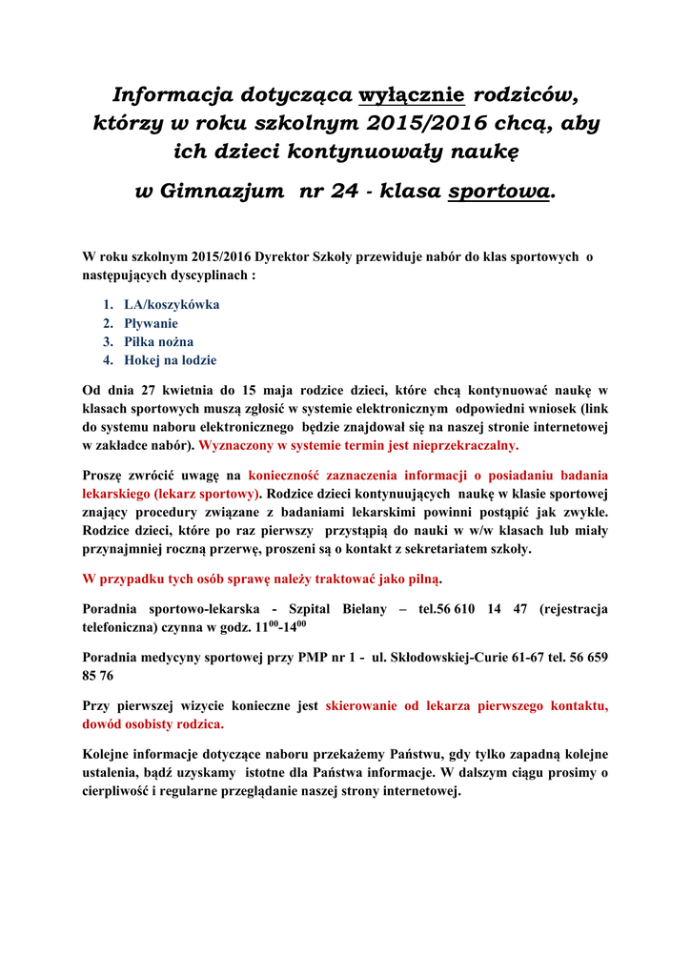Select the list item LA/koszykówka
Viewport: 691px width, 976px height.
coord(172,305)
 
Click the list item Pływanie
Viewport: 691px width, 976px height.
coord(151,323)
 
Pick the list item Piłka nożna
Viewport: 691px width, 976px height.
coord(158,341)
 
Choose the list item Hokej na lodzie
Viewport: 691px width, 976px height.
coord(170,360)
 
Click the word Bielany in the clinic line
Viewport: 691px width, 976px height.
coord(361,609)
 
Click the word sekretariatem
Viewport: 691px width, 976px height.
coord(435,549)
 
